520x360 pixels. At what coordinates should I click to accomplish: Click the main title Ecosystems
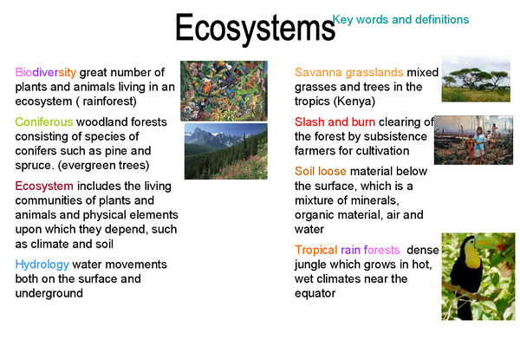[255, 29]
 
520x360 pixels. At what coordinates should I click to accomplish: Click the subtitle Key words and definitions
[400, 19]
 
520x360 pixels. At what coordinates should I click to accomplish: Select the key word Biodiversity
[45, 72]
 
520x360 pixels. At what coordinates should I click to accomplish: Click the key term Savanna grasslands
[349, 72]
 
